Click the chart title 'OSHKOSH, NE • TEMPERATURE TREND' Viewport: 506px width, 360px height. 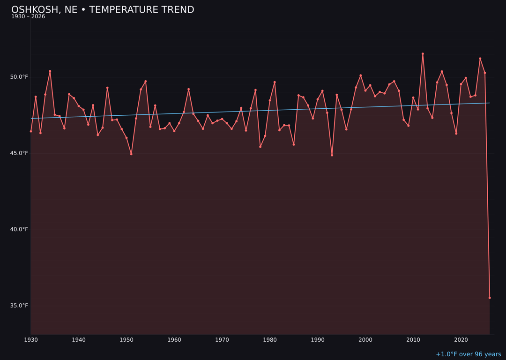pyautogui.click(x=103, y=10)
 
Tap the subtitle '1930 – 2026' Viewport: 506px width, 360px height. pyautogui.click(x=28, y=17)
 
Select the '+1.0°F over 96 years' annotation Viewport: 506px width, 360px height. pyautogui.click(x=468, y=354)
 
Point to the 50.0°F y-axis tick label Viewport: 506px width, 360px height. pyautogui.click(x=20, y=77)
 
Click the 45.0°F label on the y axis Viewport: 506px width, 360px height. pyautogui.click(x=20, y=153)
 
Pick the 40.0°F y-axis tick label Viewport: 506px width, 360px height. pyautogui.click(x=20, y=229)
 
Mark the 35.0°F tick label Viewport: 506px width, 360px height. pyautogui.click(x=20, y=306)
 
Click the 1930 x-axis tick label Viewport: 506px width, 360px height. pyautogui.click(x=31, y=340)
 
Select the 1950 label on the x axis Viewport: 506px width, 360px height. pyautogui.click(x=126, y=340)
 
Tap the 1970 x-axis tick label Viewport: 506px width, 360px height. pyautogui.click(x=222, y=340)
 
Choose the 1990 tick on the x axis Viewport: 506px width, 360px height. pyautogui.click(x=318, y=340)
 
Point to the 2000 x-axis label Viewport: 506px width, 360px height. pyautogui.click(x=365, y=340)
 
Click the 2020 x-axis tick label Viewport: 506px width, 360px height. pyautogui.click(x=461, y=340)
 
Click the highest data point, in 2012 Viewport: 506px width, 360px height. pyautogui.click(x=423, y=54)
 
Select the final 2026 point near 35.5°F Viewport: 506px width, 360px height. pyautogui.click(x=490, y=298)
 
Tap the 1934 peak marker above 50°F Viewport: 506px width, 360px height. pyautogui.click(x=50, y=71)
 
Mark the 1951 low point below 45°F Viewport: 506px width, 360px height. pyautogui.click(x=131, y=154)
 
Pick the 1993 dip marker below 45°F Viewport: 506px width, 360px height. pyautogui.click(x=332, y=155)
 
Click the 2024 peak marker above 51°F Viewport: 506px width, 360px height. pyautogui.click(x=480, y=59)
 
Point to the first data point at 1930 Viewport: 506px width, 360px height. pyautogui.click(x=31, y=131)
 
